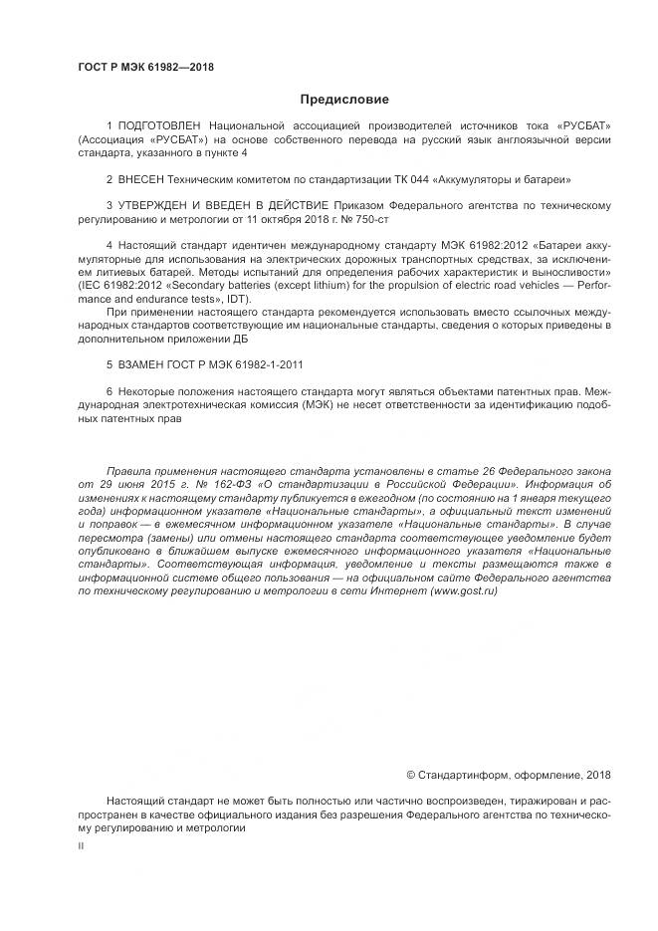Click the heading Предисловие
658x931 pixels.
[x=344, y=99]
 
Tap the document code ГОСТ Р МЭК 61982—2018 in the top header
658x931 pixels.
[x=145, y=68]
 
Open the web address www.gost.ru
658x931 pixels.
[x=462, y=590]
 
